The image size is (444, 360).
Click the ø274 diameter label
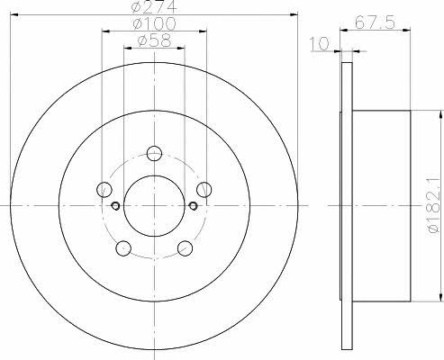(x=154, y=6)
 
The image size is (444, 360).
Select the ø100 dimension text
(x=154, y=23)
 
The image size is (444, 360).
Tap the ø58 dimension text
(x=154, y=40)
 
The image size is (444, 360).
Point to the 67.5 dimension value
(x=375, y=22)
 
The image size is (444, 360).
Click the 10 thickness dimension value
(x=320, y=44)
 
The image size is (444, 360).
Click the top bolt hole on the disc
(x=154, y=153)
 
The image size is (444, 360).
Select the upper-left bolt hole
(x=104, y=189)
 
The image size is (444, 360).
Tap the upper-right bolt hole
(x=204, y=189)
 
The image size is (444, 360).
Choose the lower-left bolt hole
(x=123, y=248)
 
